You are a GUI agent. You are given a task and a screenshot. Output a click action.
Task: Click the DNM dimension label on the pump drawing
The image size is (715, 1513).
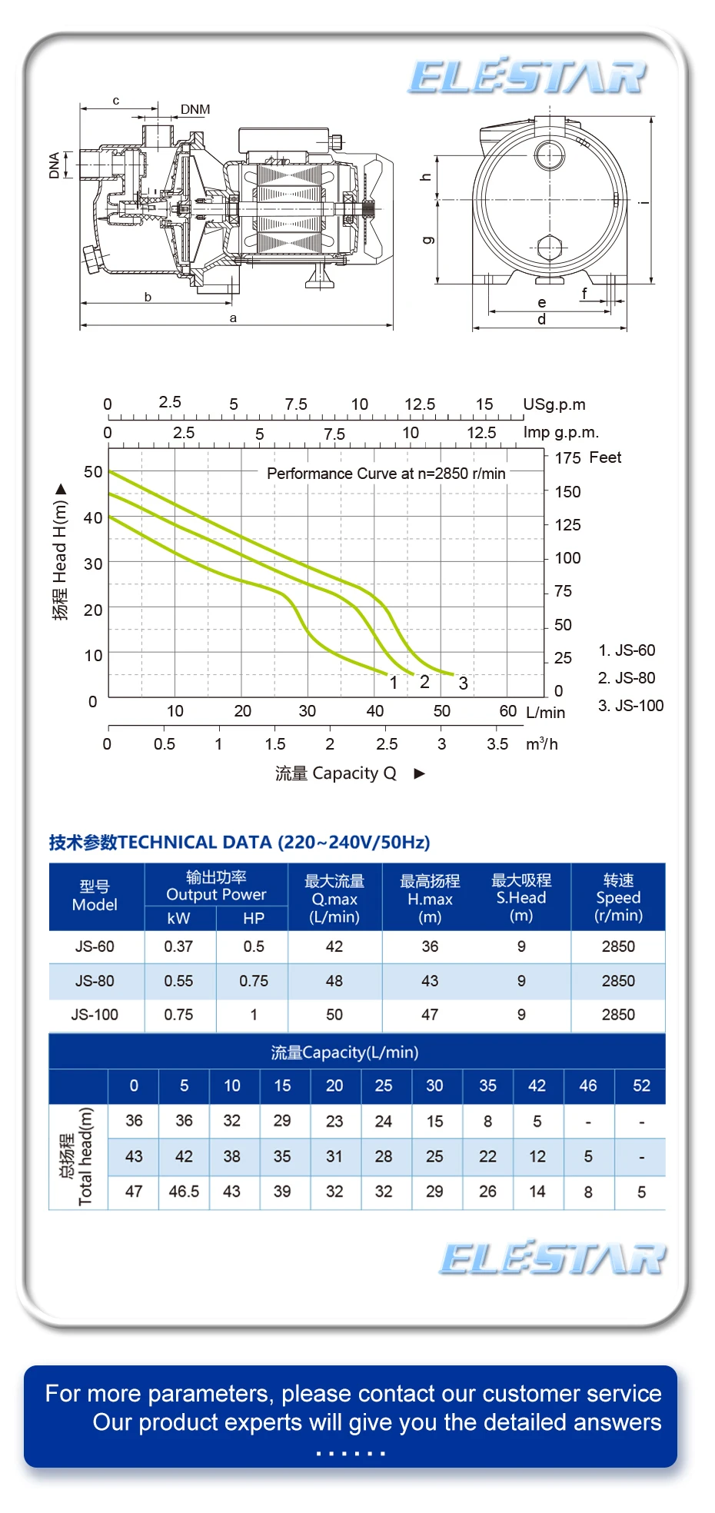pyautogui.click(x=195, y=109)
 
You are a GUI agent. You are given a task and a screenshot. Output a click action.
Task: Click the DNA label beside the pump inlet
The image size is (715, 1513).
pyautogui.click(x=55, y=165)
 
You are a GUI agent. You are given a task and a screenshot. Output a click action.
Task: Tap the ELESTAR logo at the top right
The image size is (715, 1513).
pyautogui.click(x=527, y=77)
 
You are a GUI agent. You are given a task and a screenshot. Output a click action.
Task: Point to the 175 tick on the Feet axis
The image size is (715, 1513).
pyautogui.click(x=567, y=458)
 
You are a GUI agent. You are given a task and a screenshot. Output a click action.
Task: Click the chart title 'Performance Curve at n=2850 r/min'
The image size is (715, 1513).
pyautogui.click(x=386, y=474)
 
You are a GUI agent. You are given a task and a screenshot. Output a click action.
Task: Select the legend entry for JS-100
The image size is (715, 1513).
pyautogui.click(x=630, y=706)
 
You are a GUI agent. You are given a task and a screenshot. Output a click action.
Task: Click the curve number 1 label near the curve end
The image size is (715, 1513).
pyautogui.click(x=394, y=683)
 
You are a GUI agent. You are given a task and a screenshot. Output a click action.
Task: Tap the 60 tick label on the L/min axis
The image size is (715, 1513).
pyautogui.click(x=507, y=711)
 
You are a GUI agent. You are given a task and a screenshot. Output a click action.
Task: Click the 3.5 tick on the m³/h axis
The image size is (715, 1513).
pyautogui.click(x=497, y=744)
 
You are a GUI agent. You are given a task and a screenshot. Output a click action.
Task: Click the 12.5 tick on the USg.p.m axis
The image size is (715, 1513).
pyautogui.click(x=420, y=404)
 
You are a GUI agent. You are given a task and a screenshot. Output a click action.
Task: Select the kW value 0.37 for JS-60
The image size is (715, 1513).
pyautogui.click(x=178, y=946)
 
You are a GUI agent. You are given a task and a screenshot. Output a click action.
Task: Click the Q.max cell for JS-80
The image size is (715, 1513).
pyautogui.click(x=334, y=981)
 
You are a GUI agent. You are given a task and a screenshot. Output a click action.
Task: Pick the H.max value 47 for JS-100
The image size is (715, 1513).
pyautogui.click(x=430, y=1015)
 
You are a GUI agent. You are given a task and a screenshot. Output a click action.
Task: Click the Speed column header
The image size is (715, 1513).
pyautogui.click(x=618, y=897)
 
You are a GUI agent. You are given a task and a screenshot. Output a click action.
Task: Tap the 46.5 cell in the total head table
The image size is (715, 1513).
pyautogui.click(x=184, y=1192)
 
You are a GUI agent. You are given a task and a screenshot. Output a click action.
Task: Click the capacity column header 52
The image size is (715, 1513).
pyautogui.click(x=641, y=1086)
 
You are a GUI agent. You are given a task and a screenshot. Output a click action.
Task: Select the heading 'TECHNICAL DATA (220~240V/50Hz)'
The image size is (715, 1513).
pyautogui.click(x=274, y=843)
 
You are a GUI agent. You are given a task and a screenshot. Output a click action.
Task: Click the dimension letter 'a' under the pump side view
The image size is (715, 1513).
pyautogui.click(x=233, y=318)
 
